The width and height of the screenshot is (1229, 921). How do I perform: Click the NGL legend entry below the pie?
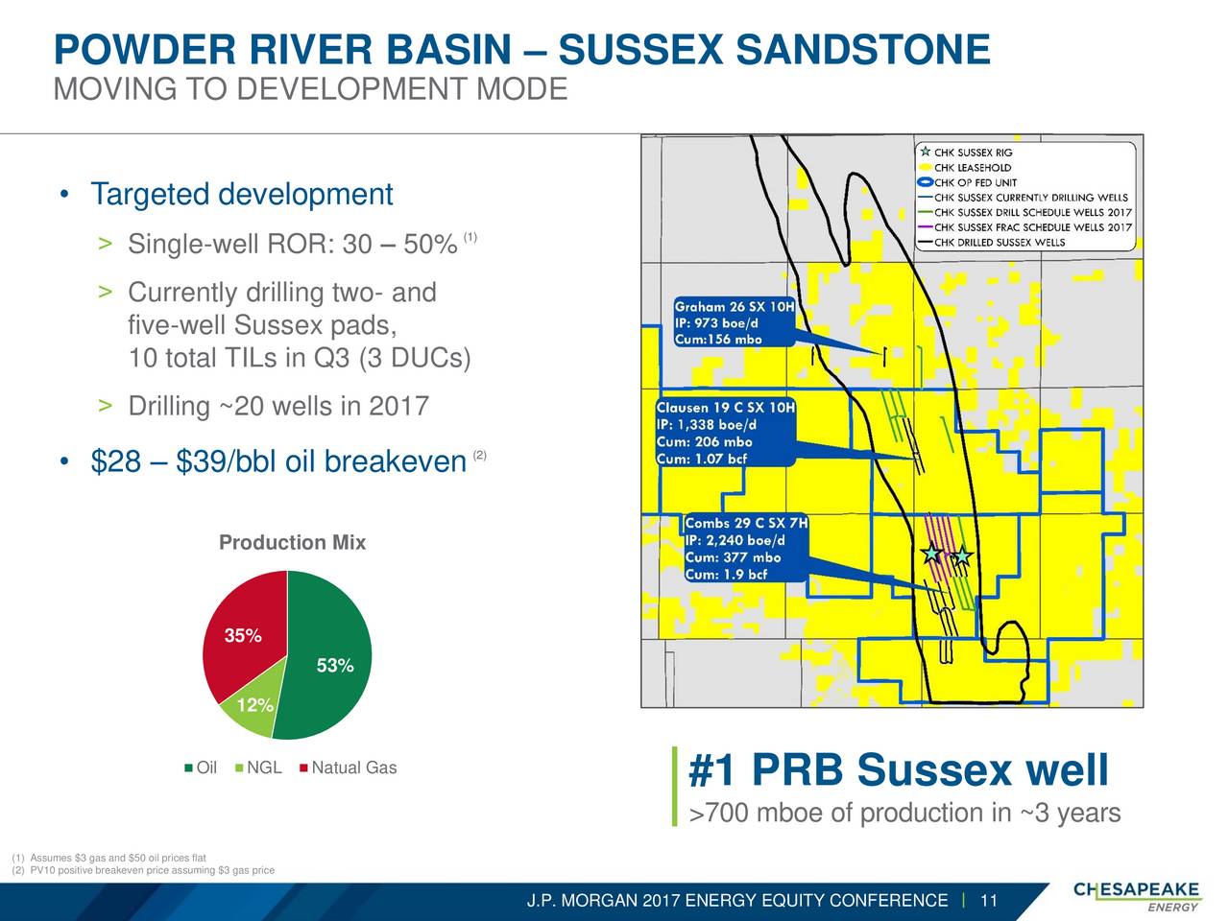(258, 767)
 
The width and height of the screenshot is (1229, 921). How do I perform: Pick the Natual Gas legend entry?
(349, 767)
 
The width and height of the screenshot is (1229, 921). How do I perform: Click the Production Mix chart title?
(292, 542)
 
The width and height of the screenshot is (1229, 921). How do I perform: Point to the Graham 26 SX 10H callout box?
(735, 322)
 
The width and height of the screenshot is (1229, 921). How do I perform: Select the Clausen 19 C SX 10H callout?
(726, 433)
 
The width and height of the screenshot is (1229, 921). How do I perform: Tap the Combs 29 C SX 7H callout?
(746, 548)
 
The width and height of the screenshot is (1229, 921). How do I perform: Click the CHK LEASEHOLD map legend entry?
(965, 168)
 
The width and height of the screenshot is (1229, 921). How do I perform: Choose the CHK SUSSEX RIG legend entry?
(966, 153)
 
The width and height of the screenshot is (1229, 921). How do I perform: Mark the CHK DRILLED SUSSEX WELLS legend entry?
(992, 243)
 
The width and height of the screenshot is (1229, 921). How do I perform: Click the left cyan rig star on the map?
(931, 553)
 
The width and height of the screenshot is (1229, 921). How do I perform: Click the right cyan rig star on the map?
(962, 555)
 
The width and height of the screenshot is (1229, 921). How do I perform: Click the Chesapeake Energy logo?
(1137, 896)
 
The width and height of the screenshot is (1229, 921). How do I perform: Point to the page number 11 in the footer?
(989, 900)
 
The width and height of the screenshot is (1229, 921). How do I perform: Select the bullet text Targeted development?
(242, 194)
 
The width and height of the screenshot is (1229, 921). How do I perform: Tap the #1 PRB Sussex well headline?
(898, 770)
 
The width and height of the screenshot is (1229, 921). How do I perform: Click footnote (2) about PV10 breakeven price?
(143, 870)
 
